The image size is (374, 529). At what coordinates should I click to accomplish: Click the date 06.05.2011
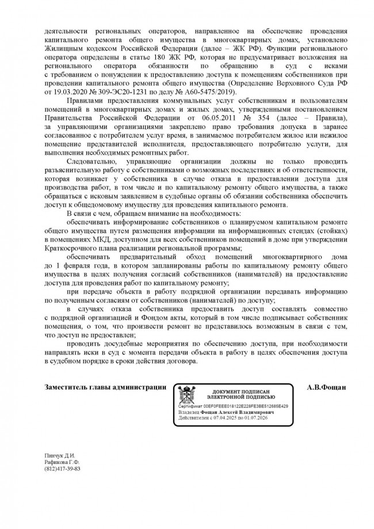pos(198,118)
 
